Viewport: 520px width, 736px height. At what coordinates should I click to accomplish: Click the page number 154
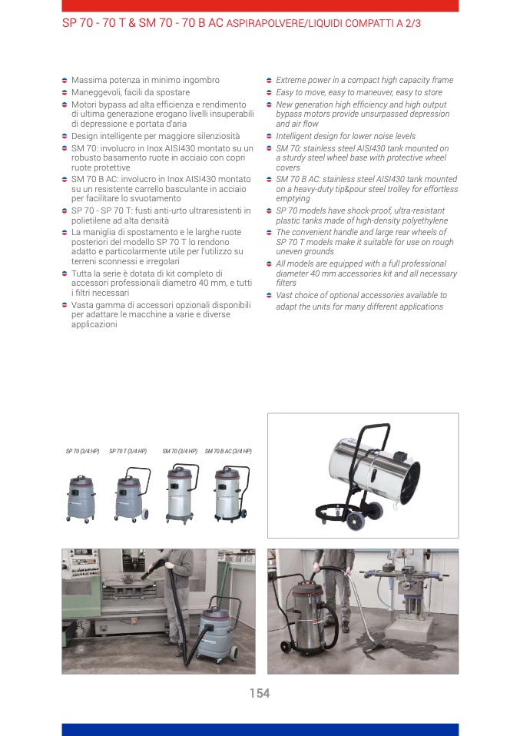260,693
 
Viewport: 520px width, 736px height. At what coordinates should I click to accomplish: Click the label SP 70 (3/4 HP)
83,451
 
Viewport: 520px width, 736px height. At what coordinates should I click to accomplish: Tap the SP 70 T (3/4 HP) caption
128,451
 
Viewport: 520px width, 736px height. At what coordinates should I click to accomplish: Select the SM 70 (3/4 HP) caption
180,451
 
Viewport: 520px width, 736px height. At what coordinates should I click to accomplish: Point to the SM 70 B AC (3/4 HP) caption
228,451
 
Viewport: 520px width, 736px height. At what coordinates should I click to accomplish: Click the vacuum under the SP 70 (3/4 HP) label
81,499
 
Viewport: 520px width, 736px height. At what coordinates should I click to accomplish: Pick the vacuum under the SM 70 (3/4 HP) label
182,493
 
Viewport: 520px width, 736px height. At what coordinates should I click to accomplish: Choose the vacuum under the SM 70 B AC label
231,493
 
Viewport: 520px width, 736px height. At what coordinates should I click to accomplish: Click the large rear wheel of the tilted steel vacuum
356,521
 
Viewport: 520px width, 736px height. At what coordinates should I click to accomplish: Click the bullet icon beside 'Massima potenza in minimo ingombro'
65,80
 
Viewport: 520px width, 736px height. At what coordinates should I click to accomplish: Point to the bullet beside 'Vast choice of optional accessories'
269,295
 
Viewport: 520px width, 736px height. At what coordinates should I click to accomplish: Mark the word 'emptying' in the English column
293,198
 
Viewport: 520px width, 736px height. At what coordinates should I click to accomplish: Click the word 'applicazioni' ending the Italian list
94,324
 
